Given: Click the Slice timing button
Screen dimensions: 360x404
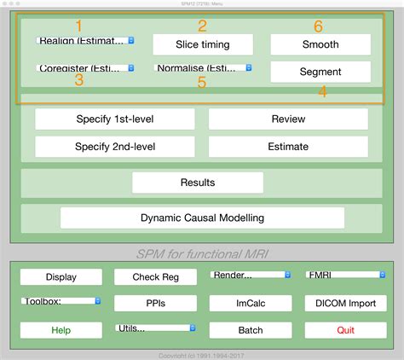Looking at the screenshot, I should (203, 44).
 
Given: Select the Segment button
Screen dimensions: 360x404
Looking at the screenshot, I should (320, 72).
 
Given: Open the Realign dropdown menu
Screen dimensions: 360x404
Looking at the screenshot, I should (85, 40).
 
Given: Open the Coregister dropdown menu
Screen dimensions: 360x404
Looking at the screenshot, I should (85, 67).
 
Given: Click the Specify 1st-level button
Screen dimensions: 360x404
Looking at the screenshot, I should (115, 119).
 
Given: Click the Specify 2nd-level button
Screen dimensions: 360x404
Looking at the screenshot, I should (115, 147).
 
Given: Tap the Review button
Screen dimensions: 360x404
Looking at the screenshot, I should (288, 119).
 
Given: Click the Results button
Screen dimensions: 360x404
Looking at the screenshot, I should (198, 183).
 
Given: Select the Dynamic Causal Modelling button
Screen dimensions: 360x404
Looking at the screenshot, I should (203, 218).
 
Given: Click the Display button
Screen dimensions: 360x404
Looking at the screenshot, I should (61, 276).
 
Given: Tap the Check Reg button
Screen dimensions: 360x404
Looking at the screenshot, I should (155, 276).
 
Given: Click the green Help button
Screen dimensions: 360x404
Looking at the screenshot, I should (61, 330).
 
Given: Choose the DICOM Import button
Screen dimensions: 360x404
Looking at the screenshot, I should (345, 303).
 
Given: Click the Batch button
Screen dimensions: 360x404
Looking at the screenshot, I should (250, 330).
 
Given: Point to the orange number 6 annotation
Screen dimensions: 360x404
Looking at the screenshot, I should (319, 26).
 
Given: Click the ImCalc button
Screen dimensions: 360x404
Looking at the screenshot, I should (250, 303).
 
